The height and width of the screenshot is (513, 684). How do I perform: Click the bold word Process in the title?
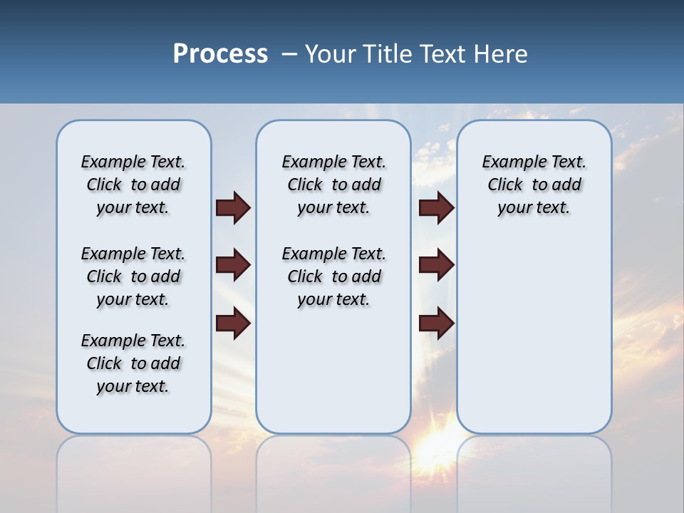(x=220, y=54)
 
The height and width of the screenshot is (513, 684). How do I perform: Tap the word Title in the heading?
(x=389, y=54)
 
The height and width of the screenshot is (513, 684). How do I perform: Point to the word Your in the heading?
(x=331, y=54)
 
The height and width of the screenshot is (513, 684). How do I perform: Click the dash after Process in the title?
(x=289, y=55)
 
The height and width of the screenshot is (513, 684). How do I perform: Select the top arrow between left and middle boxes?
(x=233, y=207)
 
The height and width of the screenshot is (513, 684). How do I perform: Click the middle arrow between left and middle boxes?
(x=233, y=265)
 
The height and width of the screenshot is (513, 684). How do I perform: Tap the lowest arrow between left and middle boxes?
(x=233, y=323)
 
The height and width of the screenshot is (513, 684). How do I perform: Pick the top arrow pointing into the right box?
(x=436, y=207)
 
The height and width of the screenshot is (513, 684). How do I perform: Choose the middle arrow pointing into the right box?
(x=436, y=265)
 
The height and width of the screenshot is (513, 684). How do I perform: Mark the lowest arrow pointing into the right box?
(x=436, y=323)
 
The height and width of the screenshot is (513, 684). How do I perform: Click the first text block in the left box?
(x=133, y=185)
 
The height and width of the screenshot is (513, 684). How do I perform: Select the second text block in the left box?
(x=133, y=276)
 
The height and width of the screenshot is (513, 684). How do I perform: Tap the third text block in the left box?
(x=133, y=363)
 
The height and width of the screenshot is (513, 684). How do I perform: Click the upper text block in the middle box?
(x=333, y=185)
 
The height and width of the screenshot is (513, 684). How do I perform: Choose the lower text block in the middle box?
(x=333, y=276)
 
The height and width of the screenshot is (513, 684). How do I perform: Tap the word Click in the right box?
(x=505, y=185)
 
